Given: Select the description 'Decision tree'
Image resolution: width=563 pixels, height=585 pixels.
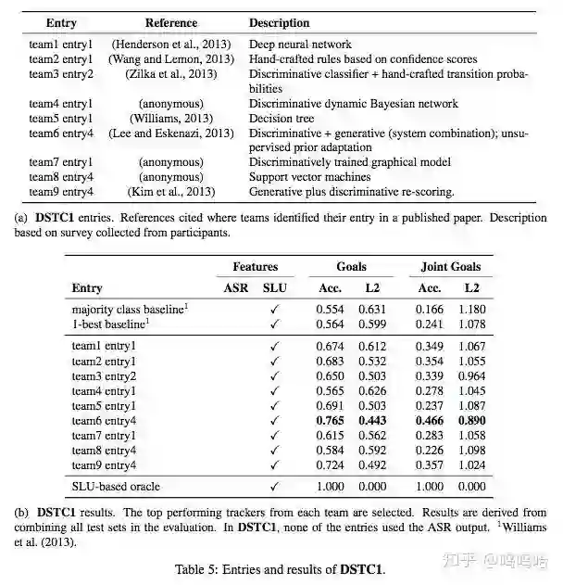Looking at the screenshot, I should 281,119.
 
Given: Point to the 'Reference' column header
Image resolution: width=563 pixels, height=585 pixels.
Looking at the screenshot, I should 171,23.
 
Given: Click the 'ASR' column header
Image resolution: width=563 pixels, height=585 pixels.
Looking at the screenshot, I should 236,288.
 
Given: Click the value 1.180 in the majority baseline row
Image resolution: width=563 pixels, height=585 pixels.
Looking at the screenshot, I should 471,309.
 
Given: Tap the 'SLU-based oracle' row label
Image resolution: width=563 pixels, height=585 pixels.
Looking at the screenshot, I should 116,486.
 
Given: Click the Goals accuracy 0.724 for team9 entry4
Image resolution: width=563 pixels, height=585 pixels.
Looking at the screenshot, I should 332,465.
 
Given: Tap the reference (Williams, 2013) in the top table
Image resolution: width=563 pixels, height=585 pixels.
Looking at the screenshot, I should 171,119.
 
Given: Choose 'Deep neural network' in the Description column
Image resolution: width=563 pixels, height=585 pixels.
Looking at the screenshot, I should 300,44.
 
